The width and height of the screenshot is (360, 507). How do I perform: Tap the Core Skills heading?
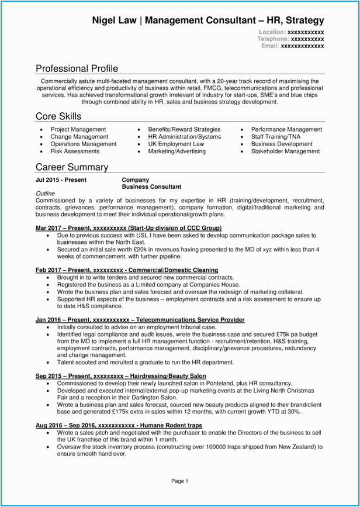58,116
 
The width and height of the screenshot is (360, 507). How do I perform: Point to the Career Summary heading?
72,167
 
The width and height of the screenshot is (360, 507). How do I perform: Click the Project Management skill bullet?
78,129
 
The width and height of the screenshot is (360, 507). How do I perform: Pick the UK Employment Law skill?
176,144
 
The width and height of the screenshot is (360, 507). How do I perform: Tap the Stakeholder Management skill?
285,151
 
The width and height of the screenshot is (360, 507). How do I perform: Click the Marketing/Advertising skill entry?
176,151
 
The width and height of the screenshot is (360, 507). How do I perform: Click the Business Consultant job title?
151,187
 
